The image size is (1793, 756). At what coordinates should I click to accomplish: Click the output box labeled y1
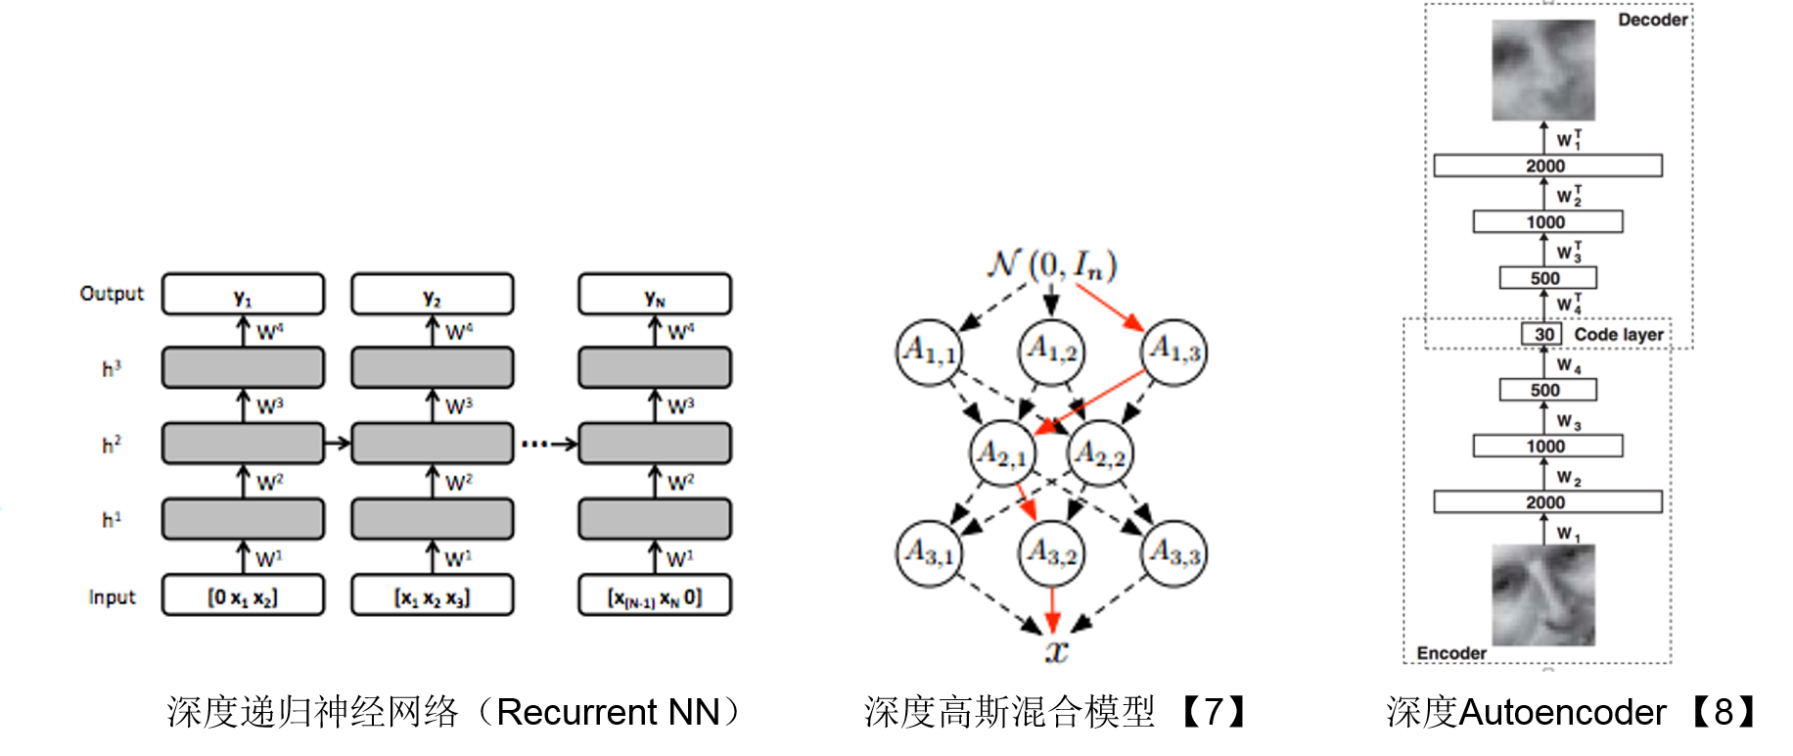243,294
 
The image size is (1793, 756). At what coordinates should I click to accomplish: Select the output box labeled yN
655,294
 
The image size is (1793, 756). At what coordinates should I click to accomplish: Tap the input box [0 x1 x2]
243,595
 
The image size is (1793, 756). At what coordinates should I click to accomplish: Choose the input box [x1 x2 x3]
432,595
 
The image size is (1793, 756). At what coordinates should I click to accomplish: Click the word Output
112,294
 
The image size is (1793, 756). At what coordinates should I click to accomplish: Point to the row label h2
112,445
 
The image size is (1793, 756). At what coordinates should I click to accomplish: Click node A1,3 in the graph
1173,351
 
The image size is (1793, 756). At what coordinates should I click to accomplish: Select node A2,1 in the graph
1003,453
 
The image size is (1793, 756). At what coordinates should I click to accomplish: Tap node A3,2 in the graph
1051,553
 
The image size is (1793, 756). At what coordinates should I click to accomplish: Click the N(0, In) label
1052,264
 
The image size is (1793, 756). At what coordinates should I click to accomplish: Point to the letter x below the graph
1056,650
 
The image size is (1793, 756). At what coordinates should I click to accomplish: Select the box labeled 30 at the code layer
1544,334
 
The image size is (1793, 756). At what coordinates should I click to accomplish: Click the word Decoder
1652,20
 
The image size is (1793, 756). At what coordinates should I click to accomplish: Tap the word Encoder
1451,653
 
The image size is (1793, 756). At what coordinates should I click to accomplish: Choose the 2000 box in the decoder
1547,165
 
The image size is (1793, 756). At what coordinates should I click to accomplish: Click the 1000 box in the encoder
1547,447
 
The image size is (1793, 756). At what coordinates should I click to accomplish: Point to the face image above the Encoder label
1543,594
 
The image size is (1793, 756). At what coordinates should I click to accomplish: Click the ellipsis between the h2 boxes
534,445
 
